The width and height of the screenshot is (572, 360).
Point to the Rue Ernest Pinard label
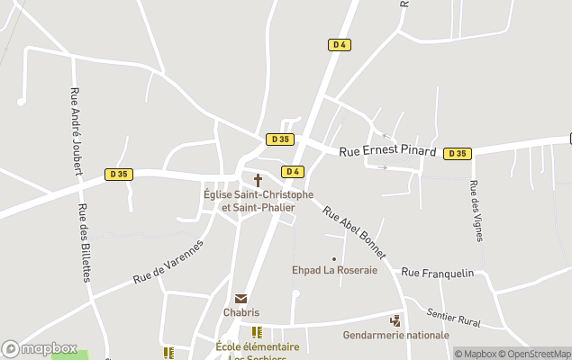click(387, 152)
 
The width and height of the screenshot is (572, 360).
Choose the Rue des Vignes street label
click(477, 211)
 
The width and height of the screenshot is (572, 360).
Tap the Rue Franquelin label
click(438, 272)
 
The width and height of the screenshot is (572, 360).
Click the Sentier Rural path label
click(453, 316)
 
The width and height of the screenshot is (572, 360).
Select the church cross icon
click(259, 180)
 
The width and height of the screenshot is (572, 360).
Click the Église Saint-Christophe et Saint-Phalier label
click(259, 201)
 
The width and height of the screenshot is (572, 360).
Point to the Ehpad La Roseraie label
click(334, 269)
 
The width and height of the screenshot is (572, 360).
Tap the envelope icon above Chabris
click(241, 299)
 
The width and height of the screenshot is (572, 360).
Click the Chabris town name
click(241, 313)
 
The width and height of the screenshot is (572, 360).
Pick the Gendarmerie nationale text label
click(395, 335)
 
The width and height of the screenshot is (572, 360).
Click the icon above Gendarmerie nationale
click(395, 320)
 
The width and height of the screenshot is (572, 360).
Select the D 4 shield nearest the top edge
click(339, 44)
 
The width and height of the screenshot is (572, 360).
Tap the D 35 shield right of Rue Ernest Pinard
click(458, 153)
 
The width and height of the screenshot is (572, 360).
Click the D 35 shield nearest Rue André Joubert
click(118, 174)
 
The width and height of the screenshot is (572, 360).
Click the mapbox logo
click(39, 348)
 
